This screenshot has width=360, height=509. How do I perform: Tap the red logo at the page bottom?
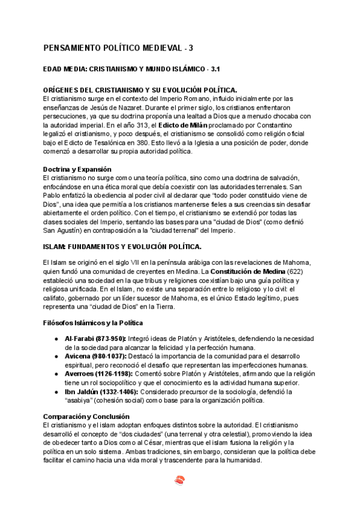click(x=180, y=480)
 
